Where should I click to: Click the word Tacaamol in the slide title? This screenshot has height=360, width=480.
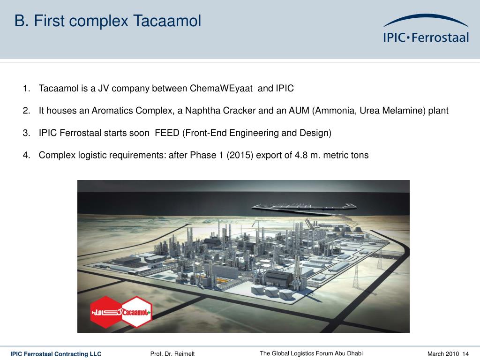pyautogui.click(x=167, y=21)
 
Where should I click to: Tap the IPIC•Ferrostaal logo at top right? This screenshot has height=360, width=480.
pyautogui.click(x=426, y=29)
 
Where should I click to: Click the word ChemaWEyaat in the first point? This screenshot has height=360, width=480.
pyautogui.click(x=221, y=89)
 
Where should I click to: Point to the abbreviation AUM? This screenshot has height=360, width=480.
pyautogui.click(x=299, y=111)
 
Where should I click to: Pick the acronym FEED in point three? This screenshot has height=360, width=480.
pyautogui.click(x=167, y=133)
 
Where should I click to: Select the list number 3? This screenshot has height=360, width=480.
pyautogui.click(x=26, y=133)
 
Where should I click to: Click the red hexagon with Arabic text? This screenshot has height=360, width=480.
pyautogui.click(x=106, y=312)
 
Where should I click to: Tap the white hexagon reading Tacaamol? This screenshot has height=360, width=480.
pyautogui.click(x=136, y=312)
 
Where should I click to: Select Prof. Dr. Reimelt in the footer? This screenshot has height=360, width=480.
pyautogui.click(x=172, y=354)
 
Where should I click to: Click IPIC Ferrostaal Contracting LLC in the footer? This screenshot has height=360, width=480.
pyautogui.click(x=56, y=354)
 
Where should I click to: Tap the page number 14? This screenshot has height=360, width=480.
pyautogui.click(x=465, y=354)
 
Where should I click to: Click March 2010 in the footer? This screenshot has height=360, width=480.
pyautogui.click(x=443, y=354)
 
